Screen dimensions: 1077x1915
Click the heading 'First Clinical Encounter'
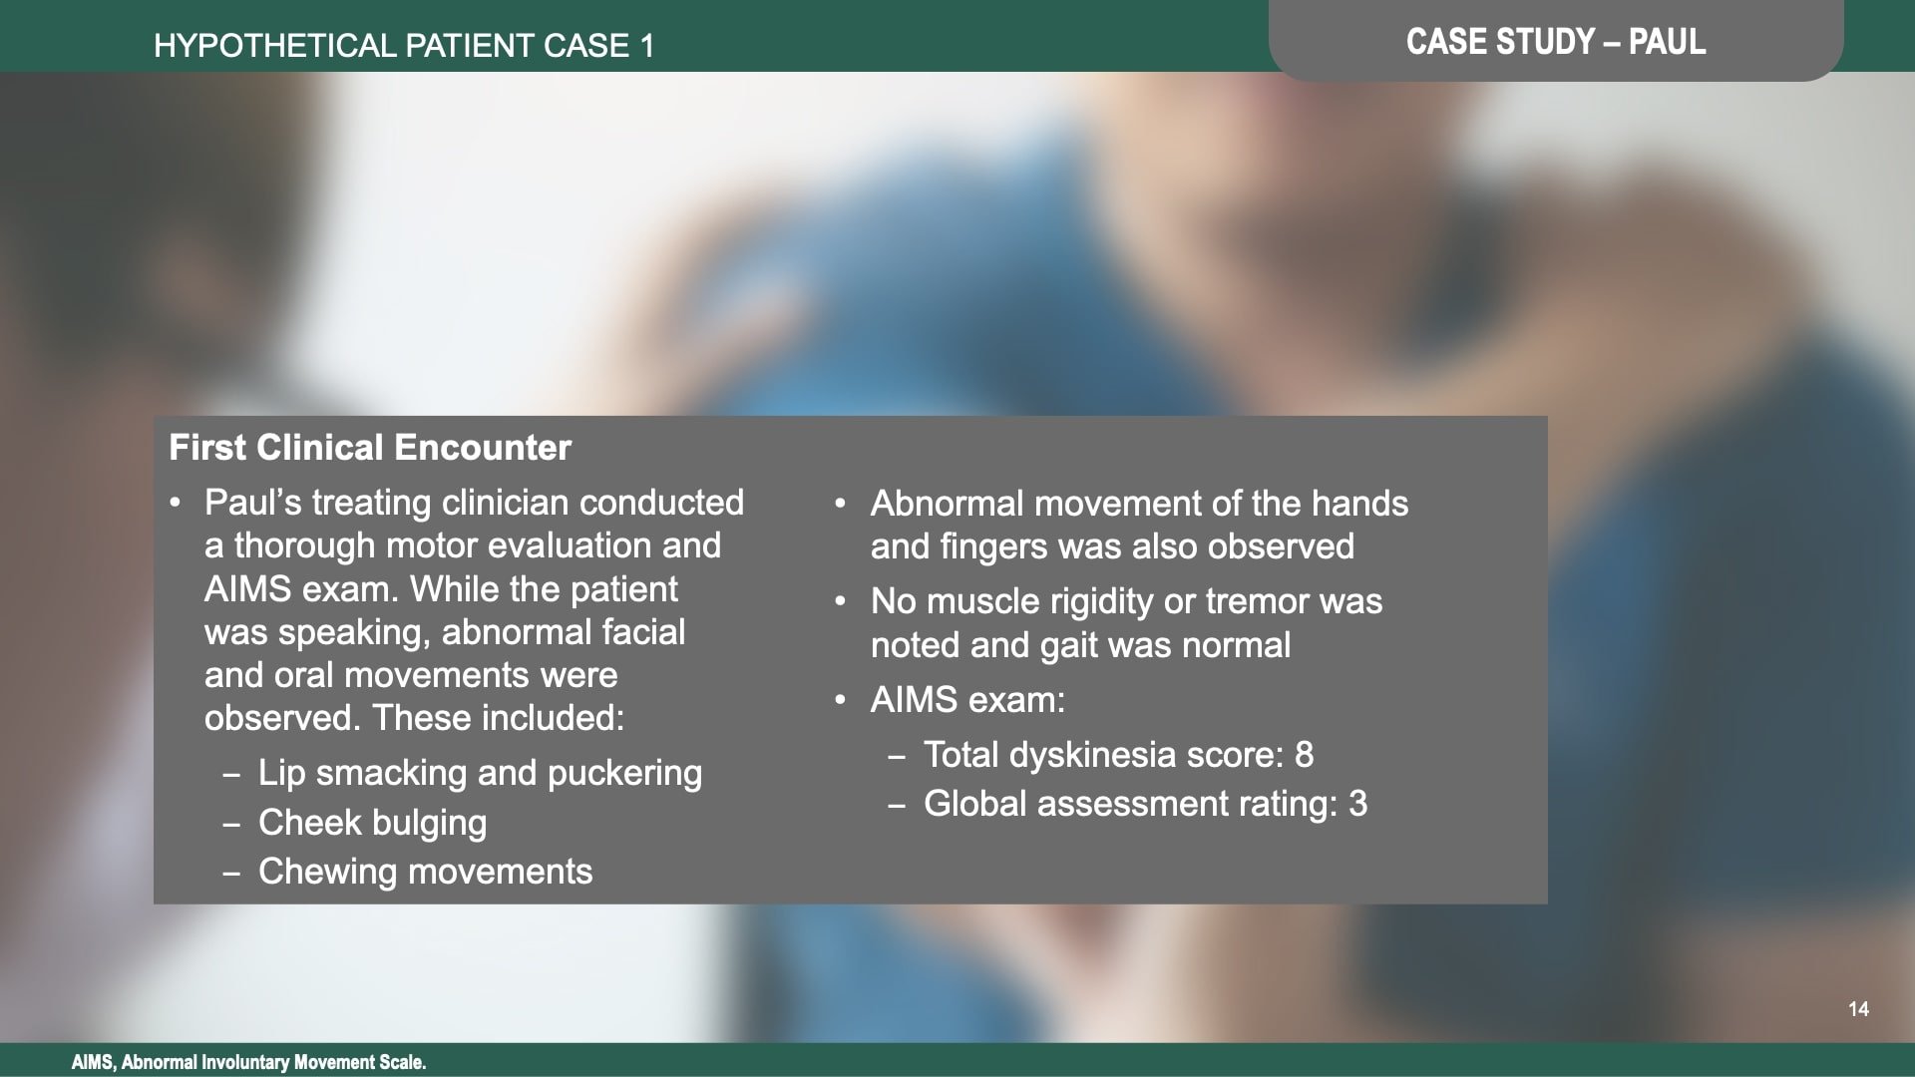370,448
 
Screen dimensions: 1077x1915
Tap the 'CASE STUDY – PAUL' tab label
1555,42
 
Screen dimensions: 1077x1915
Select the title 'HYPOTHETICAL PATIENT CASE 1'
404,46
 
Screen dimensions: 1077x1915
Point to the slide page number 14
1858,1009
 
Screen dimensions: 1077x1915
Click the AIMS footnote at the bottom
248,1062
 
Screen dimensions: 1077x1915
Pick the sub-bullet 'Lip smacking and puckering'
480,773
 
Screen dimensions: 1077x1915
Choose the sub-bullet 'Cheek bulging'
372,823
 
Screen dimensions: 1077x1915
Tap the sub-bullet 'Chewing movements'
425,872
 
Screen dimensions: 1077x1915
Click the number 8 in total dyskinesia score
1304,755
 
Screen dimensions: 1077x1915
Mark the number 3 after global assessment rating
1357,804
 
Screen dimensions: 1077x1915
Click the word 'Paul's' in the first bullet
252,503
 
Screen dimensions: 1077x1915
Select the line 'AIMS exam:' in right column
967,700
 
